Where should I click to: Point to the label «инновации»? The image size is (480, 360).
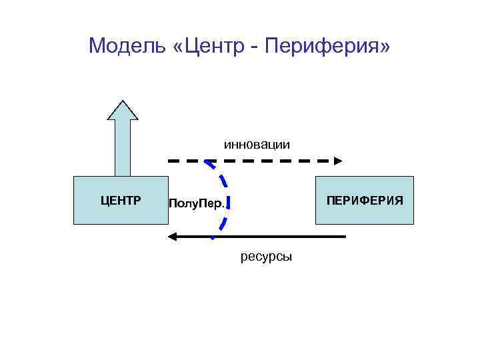click(257, 144)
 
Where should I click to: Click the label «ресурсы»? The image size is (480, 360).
click(266, 257)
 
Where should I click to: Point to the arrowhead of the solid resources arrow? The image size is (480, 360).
click(172, 237)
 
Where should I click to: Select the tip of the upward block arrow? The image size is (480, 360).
click(122, 102)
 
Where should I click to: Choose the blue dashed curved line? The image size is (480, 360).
click(224, 193)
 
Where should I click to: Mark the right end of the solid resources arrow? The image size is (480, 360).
click(344, 237)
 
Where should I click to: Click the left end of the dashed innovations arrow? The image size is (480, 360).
click(169, 161)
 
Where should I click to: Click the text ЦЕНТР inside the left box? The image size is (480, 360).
click(120, 199)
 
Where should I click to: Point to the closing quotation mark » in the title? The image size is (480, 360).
click(385, 47)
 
